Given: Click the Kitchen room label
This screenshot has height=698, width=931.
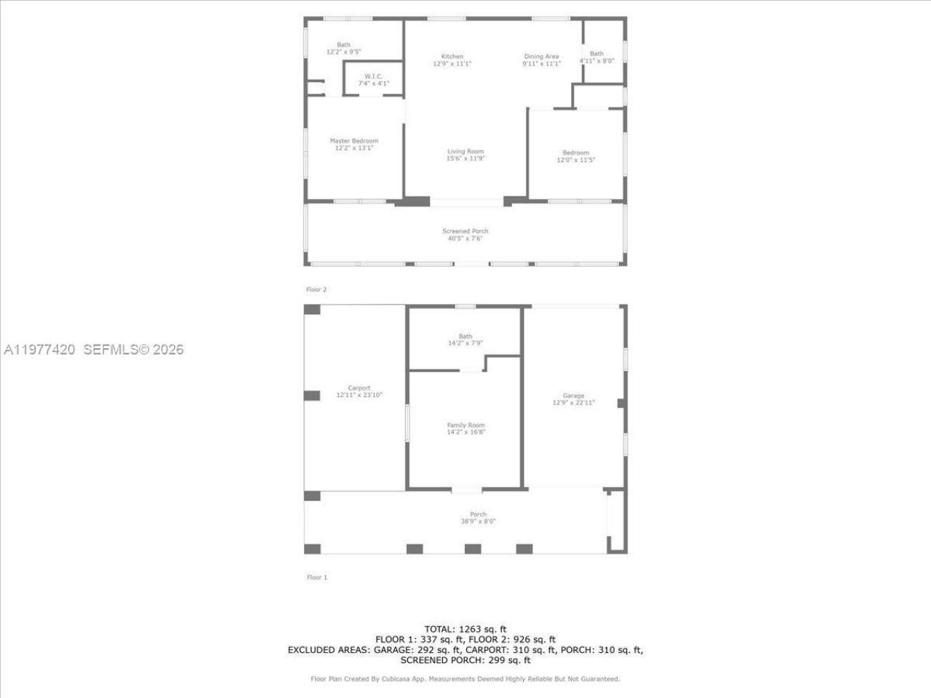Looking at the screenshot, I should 452,57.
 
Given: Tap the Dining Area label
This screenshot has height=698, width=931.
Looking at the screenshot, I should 541,57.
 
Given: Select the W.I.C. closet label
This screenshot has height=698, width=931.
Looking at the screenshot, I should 373,76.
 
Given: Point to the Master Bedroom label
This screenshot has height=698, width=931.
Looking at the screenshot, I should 353,141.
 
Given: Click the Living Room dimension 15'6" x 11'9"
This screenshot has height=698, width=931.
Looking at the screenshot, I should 465,159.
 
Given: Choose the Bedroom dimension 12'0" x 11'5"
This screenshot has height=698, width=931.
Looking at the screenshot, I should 575,160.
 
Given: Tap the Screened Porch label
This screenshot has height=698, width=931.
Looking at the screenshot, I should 465,231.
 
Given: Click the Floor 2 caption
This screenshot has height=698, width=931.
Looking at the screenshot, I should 316,289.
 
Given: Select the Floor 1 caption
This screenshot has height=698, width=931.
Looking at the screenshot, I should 316,577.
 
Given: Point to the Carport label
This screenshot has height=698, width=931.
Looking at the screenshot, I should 359,388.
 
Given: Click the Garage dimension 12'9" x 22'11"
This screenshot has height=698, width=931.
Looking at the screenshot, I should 573,403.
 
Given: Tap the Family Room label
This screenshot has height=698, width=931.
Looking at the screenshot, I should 465,425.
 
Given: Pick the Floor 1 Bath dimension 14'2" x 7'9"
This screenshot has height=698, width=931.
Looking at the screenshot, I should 465,343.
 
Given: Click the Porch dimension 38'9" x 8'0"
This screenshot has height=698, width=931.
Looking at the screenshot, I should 478,521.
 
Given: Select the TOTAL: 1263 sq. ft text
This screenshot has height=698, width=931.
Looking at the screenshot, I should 465,629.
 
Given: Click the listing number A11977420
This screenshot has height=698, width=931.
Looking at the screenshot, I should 39,350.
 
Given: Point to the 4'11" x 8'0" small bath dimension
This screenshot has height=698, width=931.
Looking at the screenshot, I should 596,61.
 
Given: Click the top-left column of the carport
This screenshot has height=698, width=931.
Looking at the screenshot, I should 312,310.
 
